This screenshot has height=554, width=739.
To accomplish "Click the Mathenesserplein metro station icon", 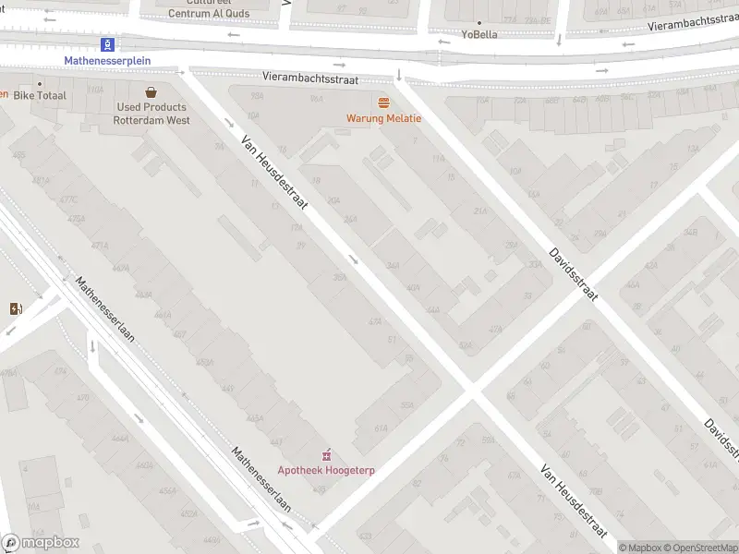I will point(109,44).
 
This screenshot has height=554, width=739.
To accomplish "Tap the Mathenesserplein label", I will point(107,61).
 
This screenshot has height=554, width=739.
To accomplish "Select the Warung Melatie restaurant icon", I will point(383,102).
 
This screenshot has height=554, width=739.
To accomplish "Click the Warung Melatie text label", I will point(383,118).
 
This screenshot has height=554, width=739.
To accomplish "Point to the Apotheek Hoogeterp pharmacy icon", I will point(325,455).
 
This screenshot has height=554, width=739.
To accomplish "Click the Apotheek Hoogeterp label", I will point(326,470).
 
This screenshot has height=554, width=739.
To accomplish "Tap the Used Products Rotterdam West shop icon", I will point(151,91).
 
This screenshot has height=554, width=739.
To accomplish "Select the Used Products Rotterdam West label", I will point(151,114).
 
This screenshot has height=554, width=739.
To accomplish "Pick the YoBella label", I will point(479,35).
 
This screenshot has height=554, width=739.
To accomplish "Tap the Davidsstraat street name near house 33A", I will point(573,273).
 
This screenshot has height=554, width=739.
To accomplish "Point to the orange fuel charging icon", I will point(15,308).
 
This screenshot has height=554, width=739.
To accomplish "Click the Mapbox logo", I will point(41,543).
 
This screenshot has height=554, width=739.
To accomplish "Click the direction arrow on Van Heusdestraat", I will point(354,259).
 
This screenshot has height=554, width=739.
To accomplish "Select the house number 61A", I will point(381,428).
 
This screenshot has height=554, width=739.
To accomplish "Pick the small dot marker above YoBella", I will point(479,22).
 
